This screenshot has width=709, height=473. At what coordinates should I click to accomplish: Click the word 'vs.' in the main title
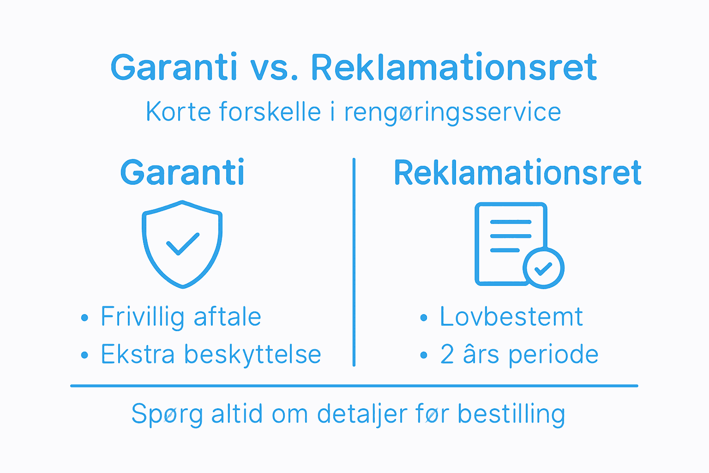tap(274, 68)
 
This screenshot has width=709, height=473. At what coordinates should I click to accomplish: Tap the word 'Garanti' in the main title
tap(174, 68)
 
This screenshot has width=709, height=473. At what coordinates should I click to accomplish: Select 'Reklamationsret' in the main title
tap(454, 68)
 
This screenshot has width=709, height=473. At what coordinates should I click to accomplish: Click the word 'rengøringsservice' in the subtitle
tap(452, 112)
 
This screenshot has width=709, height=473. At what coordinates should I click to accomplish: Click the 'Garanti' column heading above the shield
tap(182, 173)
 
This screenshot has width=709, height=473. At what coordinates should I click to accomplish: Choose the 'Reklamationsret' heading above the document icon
tap(517, 173)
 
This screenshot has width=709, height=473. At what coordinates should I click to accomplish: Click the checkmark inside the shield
tap(182, 243)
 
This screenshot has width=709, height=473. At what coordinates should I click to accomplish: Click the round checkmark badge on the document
tap(543, 268)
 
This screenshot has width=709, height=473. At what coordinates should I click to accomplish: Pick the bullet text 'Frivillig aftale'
tap(181, 317)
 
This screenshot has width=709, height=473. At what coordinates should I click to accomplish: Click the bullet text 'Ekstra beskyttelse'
tap(211, 355)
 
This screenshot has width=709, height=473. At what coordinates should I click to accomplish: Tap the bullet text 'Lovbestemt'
tap(511, 317)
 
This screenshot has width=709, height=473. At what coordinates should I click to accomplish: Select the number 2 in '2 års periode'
tap(447, 355)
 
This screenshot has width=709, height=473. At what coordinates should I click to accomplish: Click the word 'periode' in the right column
tap(553, 355)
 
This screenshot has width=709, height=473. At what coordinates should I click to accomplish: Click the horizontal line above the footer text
tap(354, 386)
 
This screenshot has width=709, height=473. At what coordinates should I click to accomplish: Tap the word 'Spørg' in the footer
tap(167, 414)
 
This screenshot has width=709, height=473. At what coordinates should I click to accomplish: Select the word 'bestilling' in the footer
tap(511, 414)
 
